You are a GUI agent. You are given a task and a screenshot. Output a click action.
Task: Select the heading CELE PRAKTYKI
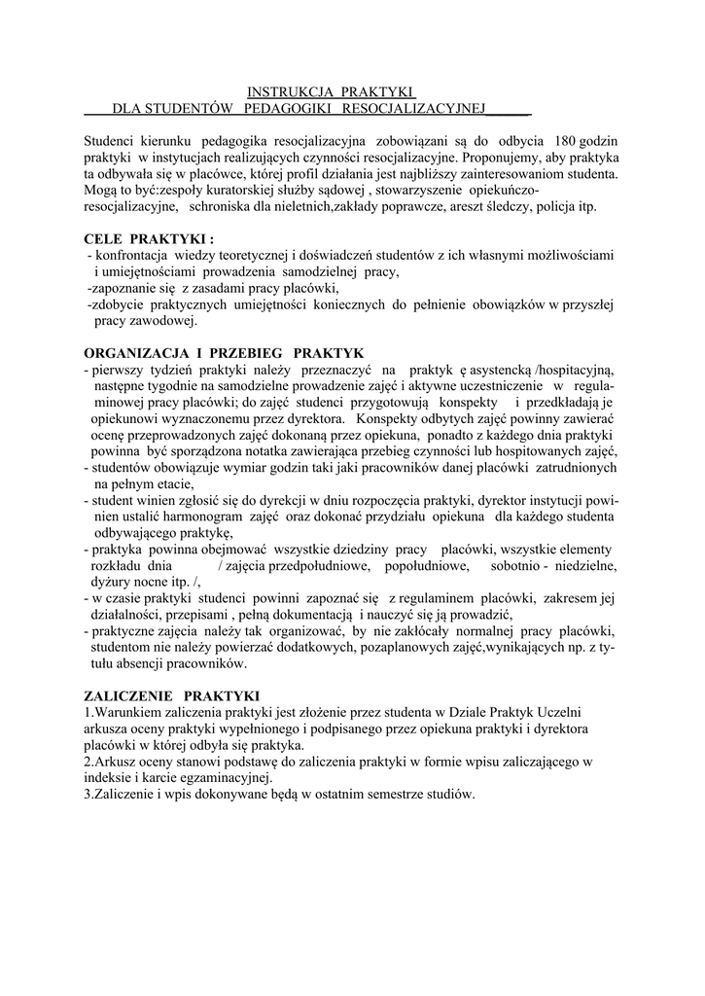click(x=149, y=239)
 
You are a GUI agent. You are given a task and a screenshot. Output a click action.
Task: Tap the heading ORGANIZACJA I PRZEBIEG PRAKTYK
click(x=223, y=353)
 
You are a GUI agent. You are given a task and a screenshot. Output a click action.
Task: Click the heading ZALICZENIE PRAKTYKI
click(x=172, y=696)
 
